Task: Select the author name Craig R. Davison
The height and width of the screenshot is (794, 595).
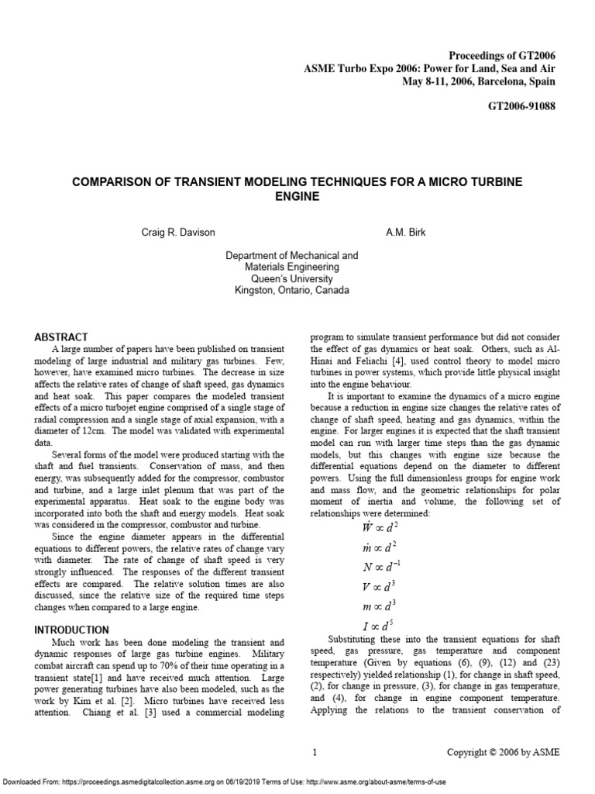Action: (181, 232)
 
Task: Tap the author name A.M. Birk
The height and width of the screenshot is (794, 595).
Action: (407, 232)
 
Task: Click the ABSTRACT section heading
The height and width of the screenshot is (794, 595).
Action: (61, 337)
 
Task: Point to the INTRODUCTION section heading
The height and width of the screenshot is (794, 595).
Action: (72, 630)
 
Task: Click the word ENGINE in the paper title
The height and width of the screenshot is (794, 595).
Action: (297, 197)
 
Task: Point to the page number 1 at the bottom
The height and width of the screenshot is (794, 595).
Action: (315, 752)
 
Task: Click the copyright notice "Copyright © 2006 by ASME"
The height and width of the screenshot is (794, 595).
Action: (502, 752)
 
